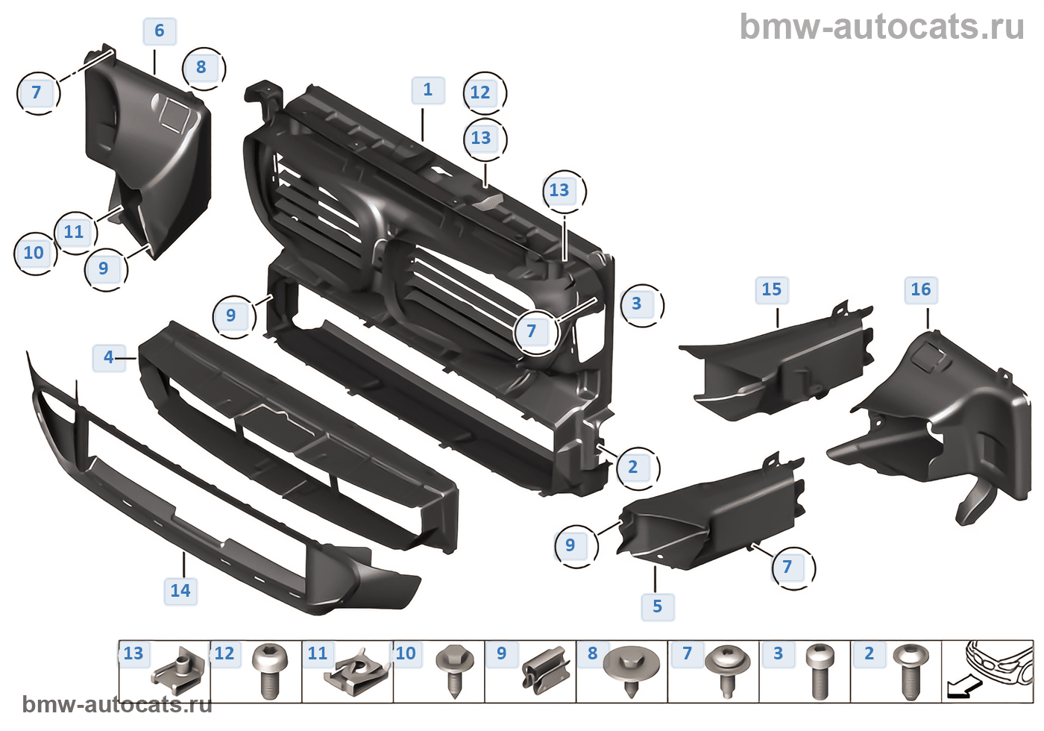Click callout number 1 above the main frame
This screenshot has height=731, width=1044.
[428, 90]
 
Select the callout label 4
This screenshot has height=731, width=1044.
[109, 357]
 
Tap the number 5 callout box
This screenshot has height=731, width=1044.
[657, 606]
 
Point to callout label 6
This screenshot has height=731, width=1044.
[159, 31]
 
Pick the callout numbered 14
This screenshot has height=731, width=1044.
[180, 591]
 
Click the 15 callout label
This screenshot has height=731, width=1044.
[772, 289]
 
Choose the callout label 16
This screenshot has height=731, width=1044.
[921, 289]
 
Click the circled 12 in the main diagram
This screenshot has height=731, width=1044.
[481, 92]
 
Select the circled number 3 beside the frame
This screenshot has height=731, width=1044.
[637, 304]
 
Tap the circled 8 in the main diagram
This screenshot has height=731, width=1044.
[201, 67]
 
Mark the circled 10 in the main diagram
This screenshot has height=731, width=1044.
[34, 253]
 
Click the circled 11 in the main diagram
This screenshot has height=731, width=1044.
[74, 232]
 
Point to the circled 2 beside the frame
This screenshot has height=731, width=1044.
[633, 467]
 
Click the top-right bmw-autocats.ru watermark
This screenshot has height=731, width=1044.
[881, 27]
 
